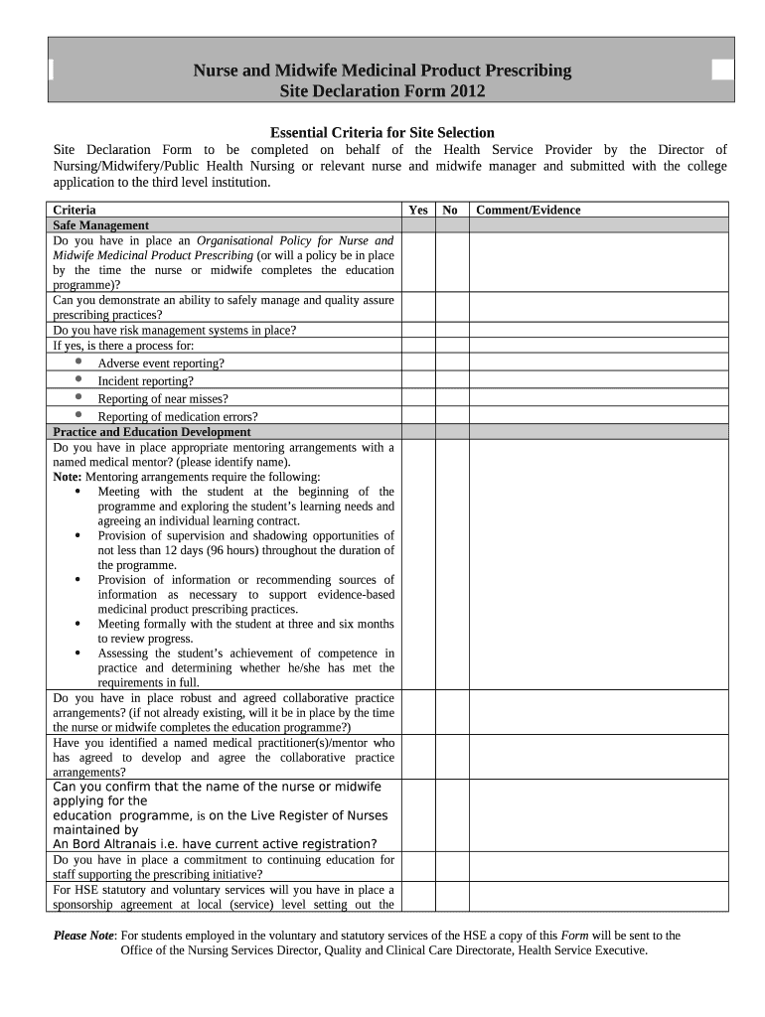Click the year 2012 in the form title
click(466, 92)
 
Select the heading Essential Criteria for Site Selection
click(382, 133)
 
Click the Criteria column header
click(75, 210)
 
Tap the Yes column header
click(418, 210)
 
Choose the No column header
click(450, 210)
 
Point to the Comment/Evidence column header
click(529, 210)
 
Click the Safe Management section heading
click(100, 225)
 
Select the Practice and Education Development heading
click(151, 432)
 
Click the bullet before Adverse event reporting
click(78, 363)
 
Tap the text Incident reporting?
click(145, 381)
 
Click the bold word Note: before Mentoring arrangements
click(69, 477)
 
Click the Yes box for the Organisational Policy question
click(418, 262)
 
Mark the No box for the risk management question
click(450, 331)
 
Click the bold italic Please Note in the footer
click(83, 936)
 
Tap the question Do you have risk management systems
click(174, 331)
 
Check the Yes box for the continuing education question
click(418, 867)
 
